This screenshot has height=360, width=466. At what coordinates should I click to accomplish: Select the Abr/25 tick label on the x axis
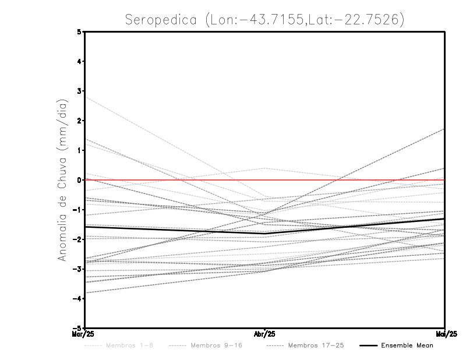point(265,334)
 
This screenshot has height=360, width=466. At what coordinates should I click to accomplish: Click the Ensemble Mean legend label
point(407,345)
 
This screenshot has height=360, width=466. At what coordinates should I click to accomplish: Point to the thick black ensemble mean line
point(175,230)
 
